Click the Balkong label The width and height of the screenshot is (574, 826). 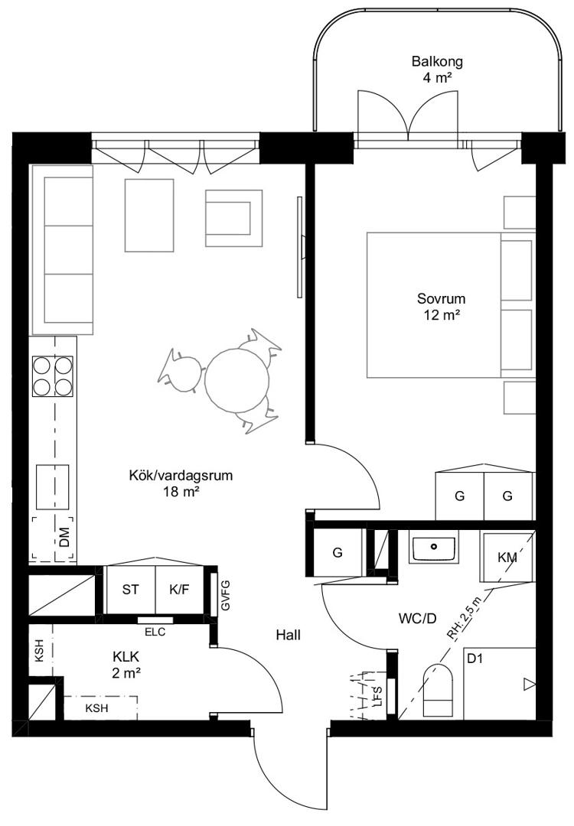(x=437, y=62)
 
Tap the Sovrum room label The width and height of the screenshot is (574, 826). (x=441, y=299)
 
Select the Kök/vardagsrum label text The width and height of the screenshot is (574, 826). (x=181, y=476)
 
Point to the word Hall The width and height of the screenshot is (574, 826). (x=289, y=636)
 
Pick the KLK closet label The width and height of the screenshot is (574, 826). (x=126, y=657)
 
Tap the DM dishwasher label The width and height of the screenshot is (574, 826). (x=64, y=538)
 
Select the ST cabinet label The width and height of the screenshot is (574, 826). (x=130, y=590)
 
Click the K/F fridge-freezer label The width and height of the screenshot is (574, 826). (x=179, y=590)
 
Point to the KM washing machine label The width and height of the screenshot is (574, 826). (x=507, y=558)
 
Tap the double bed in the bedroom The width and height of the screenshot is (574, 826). (x=449, y=305)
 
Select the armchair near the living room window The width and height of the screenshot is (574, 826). (x=234, y=218)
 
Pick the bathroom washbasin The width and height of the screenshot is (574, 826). (x=434, y=549)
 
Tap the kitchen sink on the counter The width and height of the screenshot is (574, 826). (x=52, y=487)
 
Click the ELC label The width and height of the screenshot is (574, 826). (x=155, y=633)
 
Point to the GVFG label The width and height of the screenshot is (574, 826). (x=226, y=595)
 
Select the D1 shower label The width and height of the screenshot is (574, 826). (x=475, y=658)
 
